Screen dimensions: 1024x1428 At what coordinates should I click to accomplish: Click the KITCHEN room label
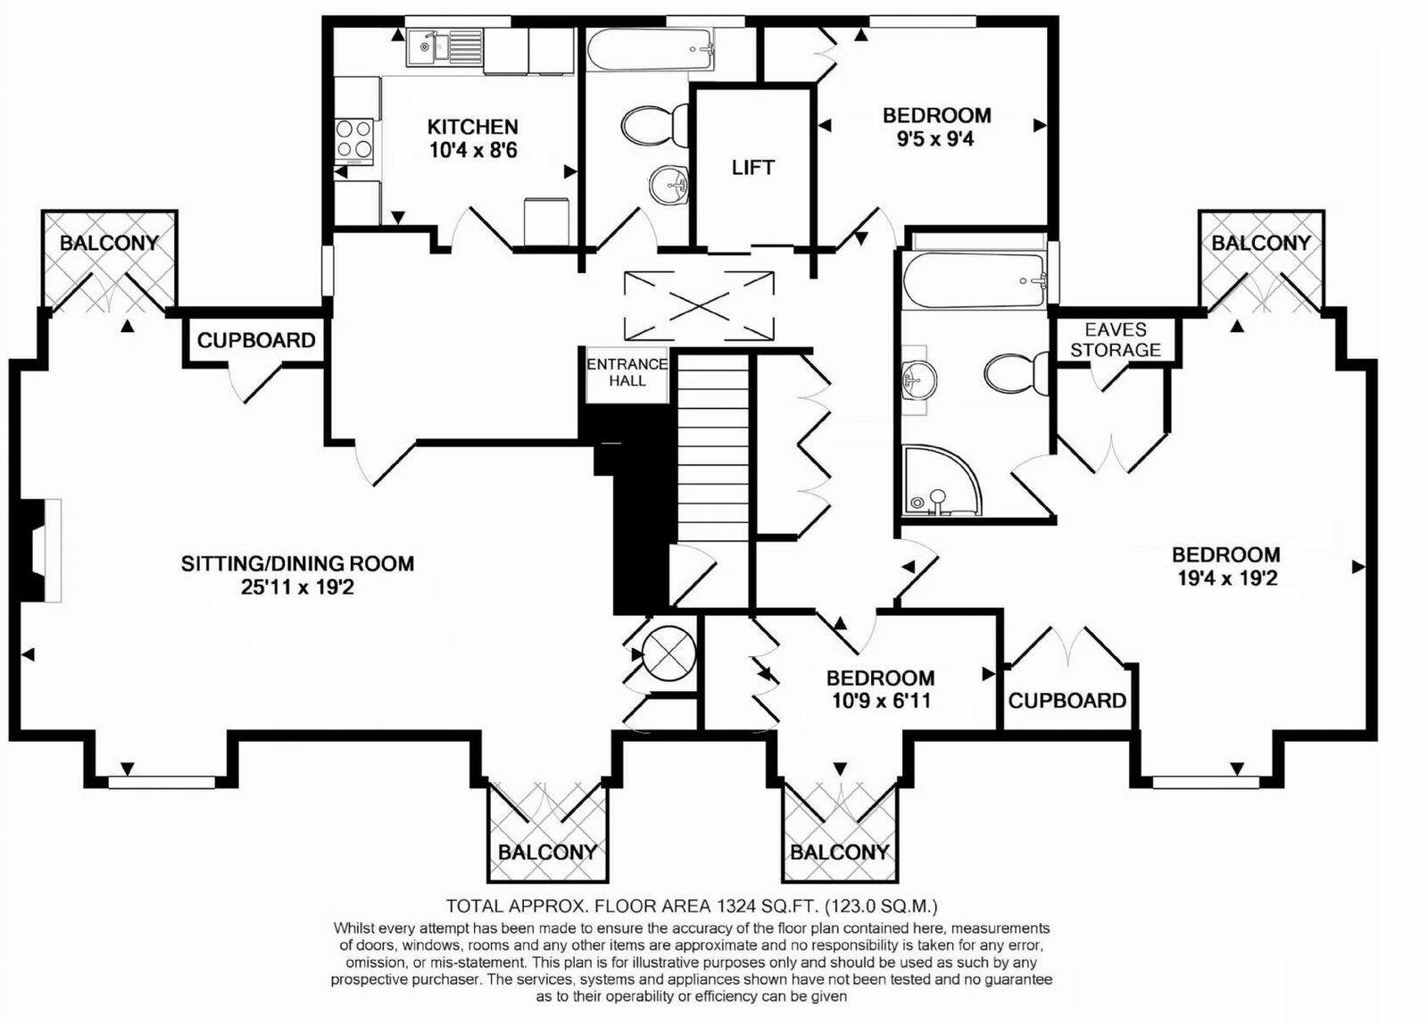point(472,127)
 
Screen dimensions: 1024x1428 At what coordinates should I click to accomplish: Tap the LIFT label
point(752,168)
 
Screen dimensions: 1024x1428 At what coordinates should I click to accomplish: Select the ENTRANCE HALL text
point(627,371)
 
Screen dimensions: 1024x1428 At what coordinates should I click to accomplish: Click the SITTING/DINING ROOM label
point(297,563)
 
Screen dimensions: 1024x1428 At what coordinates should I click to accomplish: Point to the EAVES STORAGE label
point(1115,339)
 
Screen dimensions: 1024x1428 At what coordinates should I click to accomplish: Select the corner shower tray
point(937,483)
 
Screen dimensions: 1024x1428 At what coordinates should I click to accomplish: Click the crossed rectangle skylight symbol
point(699,306)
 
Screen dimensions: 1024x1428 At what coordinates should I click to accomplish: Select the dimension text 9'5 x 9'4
point(936,138)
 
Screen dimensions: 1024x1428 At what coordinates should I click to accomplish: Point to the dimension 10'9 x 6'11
point(879,701)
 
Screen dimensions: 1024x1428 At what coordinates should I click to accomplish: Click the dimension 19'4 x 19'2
point(1226,578)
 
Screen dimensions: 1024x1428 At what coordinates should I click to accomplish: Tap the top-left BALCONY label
point(109,243)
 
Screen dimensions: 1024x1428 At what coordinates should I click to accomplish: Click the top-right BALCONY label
point(1260,243)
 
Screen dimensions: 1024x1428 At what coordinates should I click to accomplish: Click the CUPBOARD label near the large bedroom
point(1067,701)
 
